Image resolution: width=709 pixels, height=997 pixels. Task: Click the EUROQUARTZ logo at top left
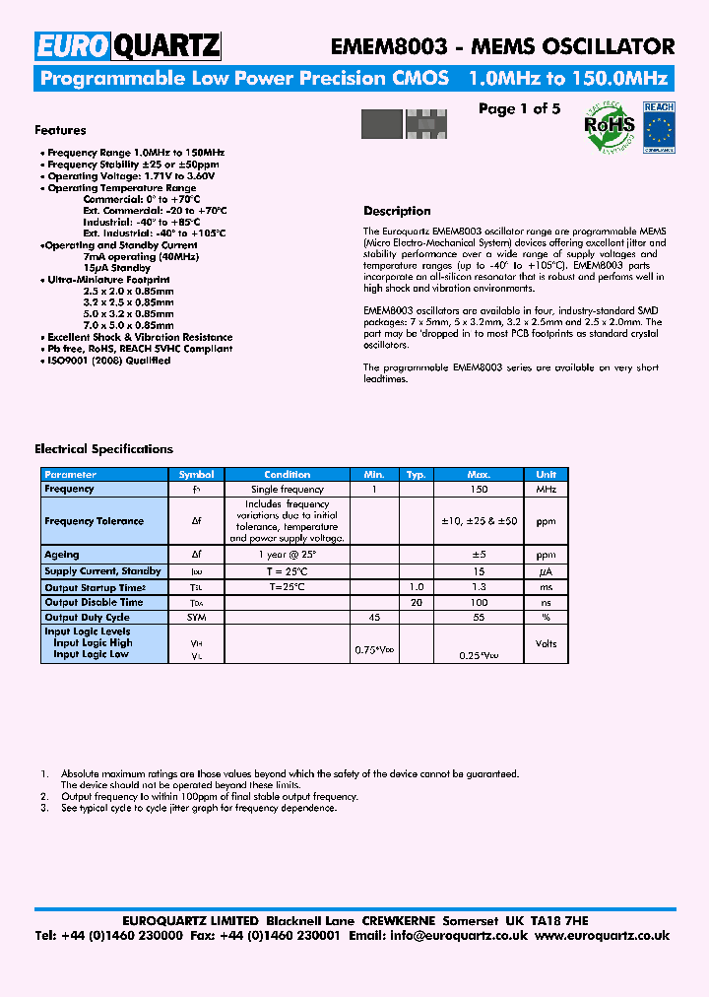[128, 45]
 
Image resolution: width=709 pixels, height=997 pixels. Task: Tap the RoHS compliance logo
[610, 126]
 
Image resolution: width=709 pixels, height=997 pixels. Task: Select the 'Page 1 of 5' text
[519, 109]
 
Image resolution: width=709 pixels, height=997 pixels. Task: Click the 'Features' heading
[60, 130]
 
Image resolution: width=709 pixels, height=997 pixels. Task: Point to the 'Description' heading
[397, 211]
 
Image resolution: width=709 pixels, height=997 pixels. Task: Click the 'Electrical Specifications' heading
[103, 449]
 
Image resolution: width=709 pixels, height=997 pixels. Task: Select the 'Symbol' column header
[196, 475]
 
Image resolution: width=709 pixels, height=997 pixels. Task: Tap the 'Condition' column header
[288, 475]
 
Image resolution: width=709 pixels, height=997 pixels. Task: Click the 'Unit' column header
[546, 475]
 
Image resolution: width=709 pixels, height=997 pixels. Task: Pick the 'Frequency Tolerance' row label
[94, 521]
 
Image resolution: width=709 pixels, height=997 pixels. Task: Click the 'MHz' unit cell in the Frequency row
[546, 490]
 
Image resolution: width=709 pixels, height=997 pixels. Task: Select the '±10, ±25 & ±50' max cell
[479, 521]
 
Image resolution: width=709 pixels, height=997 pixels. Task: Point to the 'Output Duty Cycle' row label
[87, 617]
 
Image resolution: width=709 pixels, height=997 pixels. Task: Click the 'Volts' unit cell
[546, 643]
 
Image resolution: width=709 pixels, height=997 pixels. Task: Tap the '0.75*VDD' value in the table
[374, 651]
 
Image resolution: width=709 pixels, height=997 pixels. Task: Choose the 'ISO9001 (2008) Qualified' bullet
[108, 361]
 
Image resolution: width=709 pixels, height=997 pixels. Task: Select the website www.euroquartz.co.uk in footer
[603, 936]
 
